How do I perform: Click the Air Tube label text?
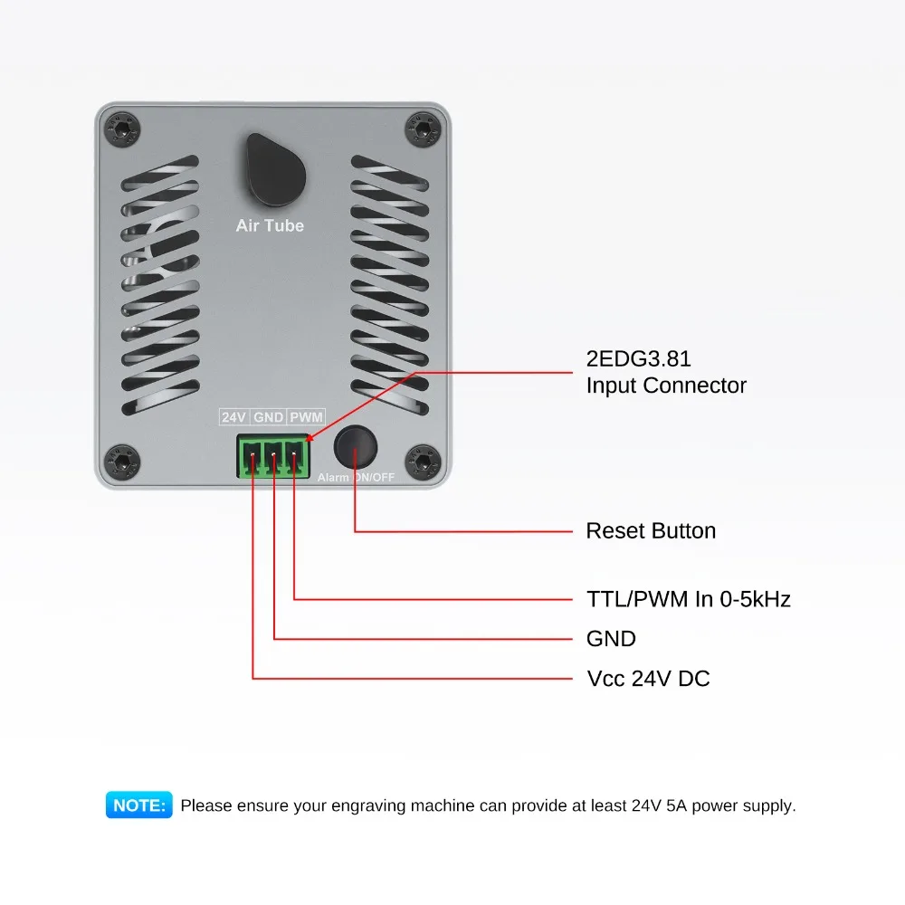point(270,225)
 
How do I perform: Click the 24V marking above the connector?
point(233,417)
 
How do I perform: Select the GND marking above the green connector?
point(269,417)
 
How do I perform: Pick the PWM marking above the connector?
point(306,417)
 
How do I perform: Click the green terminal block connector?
point(273,455)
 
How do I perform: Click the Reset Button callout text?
point(651,530)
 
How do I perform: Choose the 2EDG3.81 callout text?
point(639,359)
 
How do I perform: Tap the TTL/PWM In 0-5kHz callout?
point(689,598)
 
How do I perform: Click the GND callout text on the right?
point(611,639)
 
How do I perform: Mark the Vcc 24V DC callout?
point(648,678)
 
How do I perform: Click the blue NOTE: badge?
point(138,805)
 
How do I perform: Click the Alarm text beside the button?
point(333,477)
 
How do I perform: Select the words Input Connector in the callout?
point(666,386)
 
